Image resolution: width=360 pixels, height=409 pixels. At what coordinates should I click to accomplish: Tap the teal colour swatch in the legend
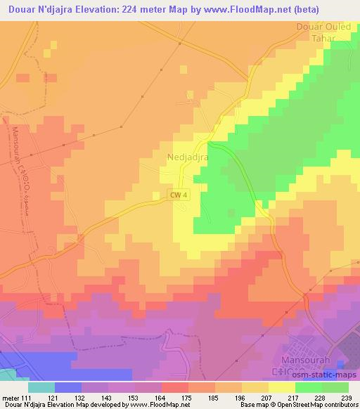click(x=41, y=387)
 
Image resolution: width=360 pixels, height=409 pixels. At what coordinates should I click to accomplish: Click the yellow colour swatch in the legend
click(x=281, y=387)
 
